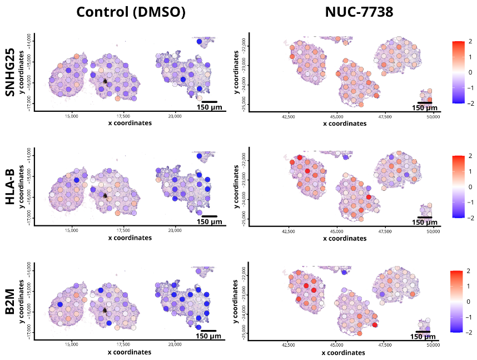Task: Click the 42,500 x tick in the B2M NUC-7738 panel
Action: point(288,345)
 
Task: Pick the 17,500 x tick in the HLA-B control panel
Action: point(123,230)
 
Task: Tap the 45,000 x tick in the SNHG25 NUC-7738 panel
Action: point(336,117)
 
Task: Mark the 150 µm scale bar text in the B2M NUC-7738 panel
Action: point(423,337)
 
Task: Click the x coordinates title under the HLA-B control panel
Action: point(130,238)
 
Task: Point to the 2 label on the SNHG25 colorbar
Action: point(469,42)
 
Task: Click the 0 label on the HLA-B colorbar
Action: point(469,187)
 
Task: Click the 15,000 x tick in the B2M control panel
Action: point(71,345)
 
